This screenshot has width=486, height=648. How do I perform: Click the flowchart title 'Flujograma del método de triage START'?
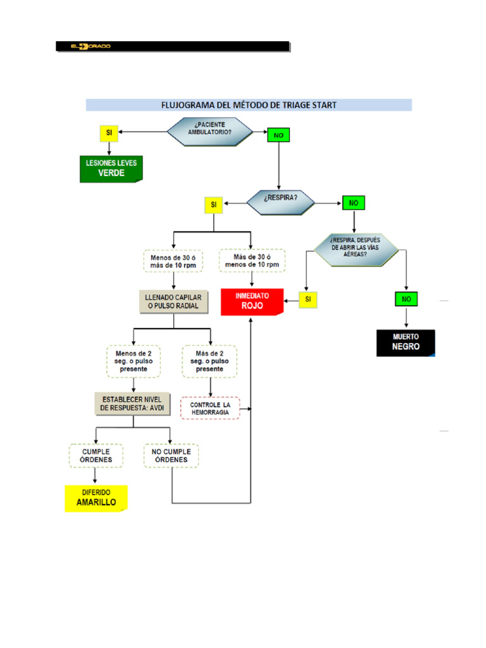249,104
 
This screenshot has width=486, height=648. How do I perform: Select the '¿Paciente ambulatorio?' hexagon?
209,132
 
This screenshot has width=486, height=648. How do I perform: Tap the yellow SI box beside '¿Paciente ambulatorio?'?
109,133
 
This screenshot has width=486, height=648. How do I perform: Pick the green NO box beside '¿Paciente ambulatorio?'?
278,135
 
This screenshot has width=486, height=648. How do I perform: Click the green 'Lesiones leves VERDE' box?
111,168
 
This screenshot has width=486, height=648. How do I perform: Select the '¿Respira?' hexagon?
280,202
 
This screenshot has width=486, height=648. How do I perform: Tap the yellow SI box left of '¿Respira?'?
213,204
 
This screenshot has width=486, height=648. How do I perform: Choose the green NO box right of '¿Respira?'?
354,203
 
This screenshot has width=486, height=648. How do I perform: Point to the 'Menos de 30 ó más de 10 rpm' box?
173,261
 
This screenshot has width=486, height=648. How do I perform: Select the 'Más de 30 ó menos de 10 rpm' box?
252,260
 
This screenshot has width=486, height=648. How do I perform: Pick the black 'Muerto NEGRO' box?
406,343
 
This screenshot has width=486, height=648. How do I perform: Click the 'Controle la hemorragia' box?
210,408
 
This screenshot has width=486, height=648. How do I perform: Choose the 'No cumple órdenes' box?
171,456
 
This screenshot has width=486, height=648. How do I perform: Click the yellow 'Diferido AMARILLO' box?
96,498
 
